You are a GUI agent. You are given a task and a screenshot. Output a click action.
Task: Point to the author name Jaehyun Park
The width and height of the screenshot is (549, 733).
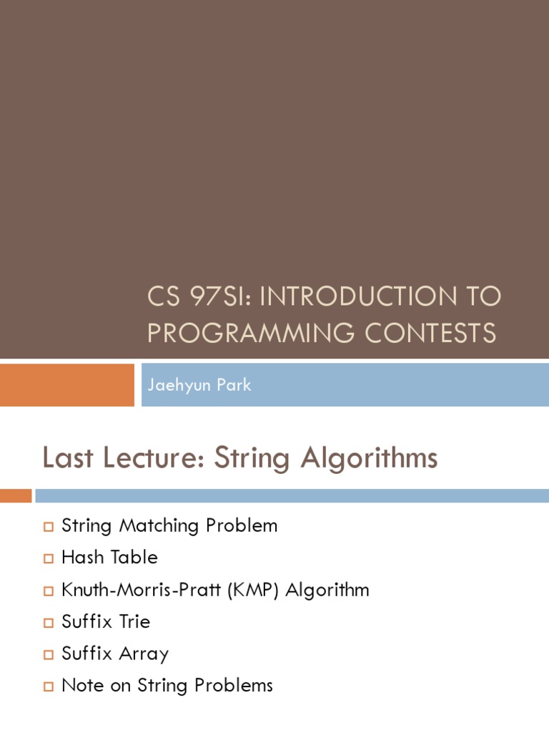point(199,384)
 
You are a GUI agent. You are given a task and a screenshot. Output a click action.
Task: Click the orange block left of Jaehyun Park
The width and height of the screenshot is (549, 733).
point(66,384)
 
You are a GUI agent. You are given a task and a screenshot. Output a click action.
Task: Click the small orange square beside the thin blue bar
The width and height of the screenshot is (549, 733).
point(16,495)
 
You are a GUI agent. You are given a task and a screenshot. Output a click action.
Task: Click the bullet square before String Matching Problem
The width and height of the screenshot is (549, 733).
point(49,527)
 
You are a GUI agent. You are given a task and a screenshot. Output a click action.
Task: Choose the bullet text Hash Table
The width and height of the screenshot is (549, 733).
point(109,557)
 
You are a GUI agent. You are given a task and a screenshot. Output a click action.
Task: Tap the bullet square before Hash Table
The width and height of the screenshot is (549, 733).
point(49,559)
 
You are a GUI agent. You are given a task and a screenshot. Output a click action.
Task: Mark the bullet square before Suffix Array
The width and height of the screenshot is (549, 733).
point(49,655)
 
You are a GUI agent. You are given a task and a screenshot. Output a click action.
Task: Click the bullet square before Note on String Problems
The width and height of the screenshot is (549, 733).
point(49,687)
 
